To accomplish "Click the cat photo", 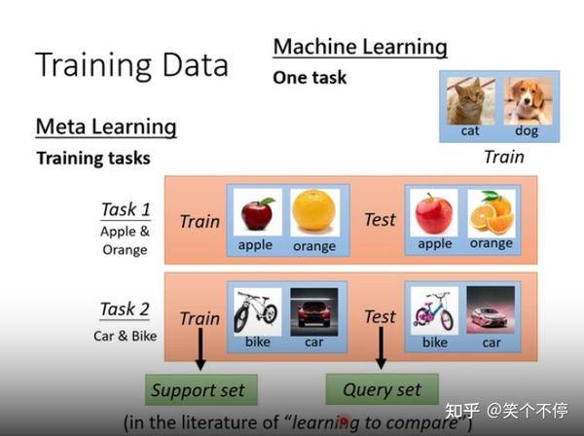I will point(470,99).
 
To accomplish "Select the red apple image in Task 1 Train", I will point(257,211).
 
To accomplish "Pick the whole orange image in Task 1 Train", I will point(313,211).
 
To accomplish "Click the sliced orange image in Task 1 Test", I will point(491,211).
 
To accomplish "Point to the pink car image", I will point(491,309).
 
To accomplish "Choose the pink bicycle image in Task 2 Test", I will point(434,309).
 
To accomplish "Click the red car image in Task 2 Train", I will point(313,309).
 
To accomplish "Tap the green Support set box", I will point(199,390).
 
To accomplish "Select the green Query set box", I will point(382,389).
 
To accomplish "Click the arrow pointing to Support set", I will point(201,348).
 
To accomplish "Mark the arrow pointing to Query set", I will point(381,346).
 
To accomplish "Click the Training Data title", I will point(131,64).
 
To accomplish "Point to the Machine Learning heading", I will point(360,47).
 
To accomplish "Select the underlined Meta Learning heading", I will point(106,127).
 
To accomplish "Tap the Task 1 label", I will point(125,209).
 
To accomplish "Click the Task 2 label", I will point(125,309).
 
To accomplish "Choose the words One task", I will point(310,78).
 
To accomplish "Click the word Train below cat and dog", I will point(503,157).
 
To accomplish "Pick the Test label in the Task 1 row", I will point(380,220).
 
